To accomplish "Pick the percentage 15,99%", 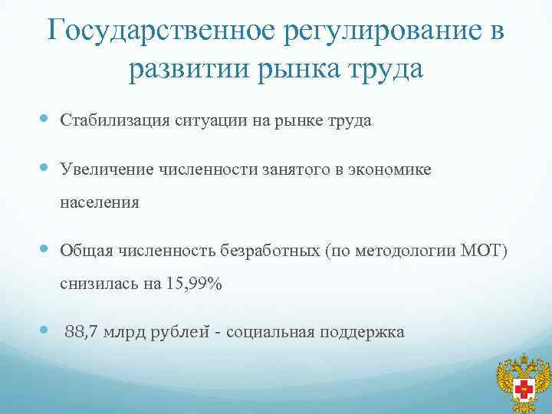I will pyautogui.click(x=192, y=284).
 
